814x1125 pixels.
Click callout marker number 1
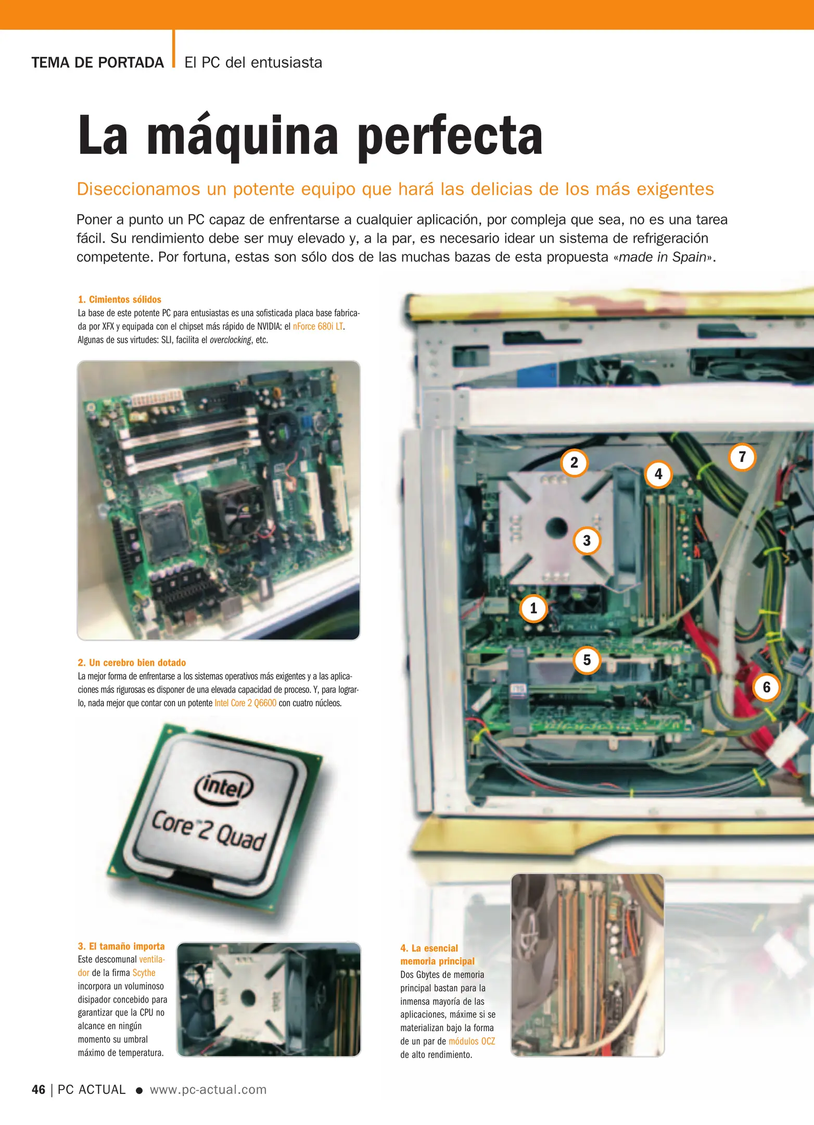click(533, 608)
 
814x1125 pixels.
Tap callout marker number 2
click(574, 463)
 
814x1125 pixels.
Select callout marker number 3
click(587, 541)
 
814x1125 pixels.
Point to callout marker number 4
click(658, 474)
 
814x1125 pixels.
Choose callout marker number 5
click(587, 660)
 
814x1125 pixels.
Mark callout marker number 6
click(766, 687)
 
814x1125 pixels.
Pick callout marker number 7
click(742, 457)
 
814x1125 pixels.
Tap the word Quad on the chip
click(240, 838)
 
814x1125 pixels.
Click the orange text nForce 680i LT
click(317, 327)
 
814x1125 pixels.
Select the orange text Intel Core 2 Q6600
click(245, 703)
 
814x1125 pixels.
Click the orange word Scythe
click(144, 973)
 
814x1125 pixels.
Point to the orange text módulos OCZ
click(472, 1041)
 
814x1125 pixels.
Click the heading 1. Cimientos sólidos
click(120, 299)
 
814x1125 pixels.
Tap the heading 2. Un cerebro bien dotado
click(132, 662)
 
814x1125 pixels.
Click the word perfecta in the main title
click(450, 136)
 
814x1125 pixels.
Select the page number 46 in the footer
click(38, 1090)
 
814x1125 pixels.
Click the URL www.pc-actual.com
click(208, 1090)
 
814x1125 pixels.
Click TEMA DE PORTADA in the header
click(97, 63)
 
